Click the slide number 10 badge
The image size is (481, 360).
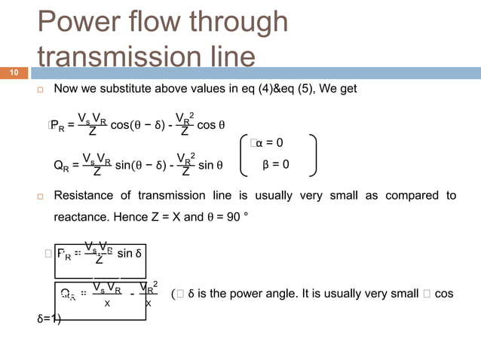[x=14, y=73]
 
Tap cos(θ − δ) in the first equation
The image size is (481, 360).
[x=137, y=126]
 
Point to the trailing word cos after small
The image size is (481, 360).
[x=444, y=294]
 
